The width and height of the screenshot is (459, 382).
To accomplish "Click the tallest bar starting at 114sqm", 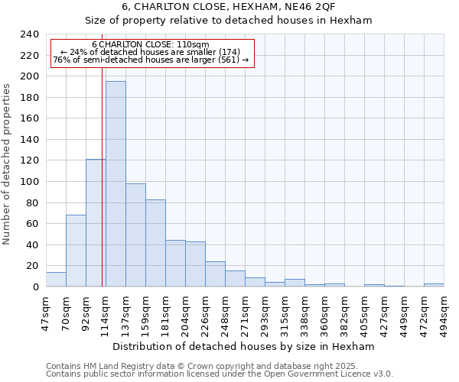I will pyautogui.click(x=116, y=183).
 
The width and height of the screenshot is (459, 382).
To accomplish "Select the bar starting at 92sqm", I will pyautogui.click(x=96, y=223).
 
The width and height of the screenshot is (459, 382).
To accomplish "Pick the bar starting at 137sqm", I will pyautogui.click(x=135, y=235).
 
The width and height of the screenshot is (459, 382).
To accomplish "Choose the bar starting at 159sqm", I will pyautogui.click(x=155, y=243).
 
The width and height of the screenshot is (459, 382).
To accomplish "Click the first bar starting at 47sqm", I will pyautogui.click(x=56, y=280).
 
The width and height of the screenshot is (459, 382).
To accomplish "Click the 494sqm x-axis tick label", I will pyautogui.click(x=444, y=312).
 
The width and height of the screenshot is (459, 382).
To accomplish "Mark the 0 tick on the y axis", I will pyautogui.click(x=35, y=287).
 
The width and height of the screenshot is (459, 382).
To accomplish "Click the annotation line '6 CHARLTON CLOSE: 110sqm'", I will pyautogui.click(x=150, y=44).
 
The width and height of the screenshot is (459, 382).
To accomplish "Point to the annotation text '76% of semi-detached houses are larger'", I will pyautogui.click(x=150, y=60).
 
